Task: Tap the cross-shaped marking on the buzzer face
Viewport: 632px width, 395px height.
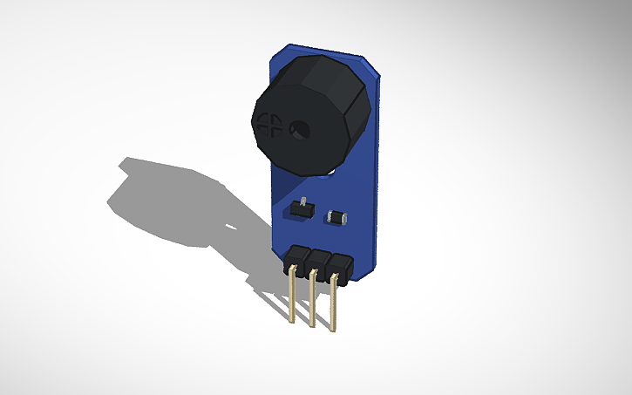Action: tap(270, 124)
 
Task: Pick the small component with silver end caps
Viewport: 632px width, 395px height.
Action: tap(336, 217)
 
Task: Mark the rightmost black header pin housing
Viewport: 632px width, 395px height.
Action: tap(340, 267)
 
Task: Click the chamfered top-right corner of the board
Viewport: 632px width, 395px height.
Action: tap(372, 66)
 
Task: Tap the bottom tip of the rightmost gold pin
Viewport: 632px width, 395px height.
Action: tap(333, 330)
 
